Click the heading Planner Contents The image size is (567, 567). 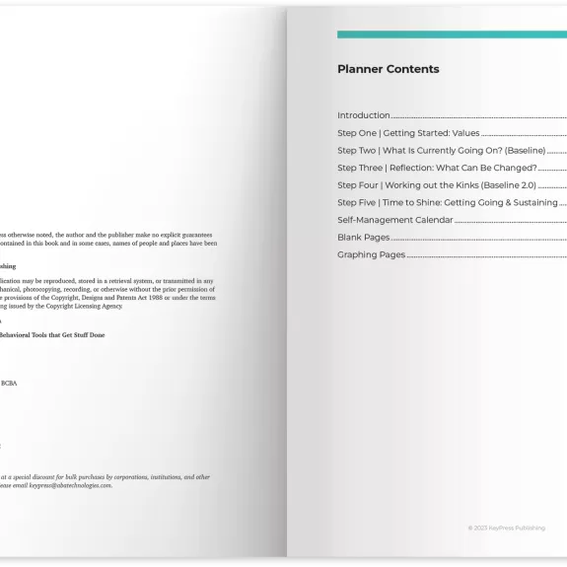388,69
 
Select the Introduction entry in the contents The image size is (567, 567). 364,115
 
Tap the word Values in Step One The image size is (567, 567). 465,133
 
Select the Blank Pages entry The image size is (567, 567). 364,238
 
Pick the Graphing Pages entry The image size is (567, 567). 372,254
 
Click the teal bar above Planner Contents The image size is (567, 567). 452,35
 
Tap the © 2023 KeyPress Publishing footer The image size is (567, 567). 506,528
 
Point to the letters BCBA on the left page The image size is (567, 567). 8,383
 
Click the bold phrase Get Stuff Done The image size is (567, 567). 84,335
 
